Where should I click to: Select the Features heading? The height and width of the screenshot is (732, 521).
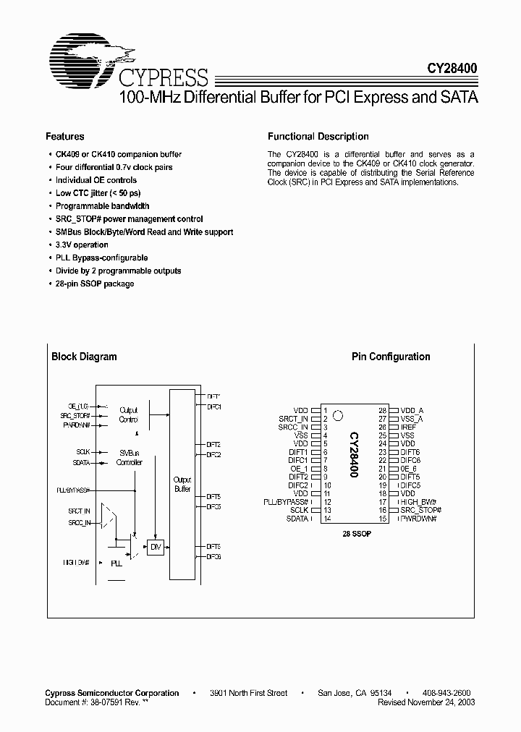[65, 136]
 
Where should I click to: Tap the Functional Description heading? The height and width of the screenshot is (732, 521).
[318, 136]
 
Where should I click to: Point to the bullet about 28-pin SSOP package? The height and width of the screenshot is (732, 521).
[95, 284]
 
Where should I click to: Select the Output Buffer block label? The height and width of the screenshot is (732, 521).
[182, 484]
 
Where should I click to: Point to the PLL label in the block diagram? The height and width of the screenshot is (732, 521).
[116, 562]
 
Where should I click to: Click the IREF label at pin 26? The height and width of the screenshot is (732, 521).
[408, 427]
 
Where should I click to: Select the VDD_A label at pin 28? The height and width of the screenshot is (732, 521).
[412, 409]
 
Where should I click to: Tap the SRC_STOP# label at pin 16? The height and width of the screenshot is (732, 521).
[420, 510]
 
